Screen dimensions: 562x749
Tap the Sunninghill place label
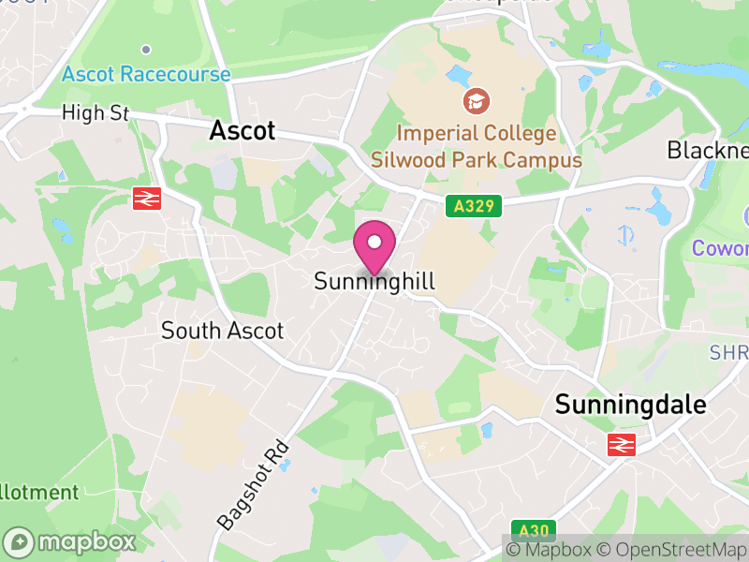374,281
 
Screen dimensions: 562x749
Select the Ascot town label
242,130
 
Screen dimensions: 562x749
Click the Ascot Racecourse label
146,74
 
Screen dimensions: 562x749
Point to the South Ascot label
222,331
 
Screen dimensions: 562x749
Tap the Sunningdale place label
630,405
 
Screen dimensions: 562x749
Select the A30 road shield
529,529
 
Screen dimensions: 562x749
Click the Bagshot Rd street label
254,484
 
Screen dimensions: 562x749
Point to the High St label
95,113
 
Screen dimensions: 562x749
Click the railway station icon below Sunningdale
621,444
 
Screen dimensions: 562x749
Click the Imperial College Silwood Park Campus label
476,146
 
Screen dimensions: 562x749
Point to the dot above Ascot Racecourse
146,49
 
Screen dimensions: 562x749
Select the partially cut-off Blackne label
707,150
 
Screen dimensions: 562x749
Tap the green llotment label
39,493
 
